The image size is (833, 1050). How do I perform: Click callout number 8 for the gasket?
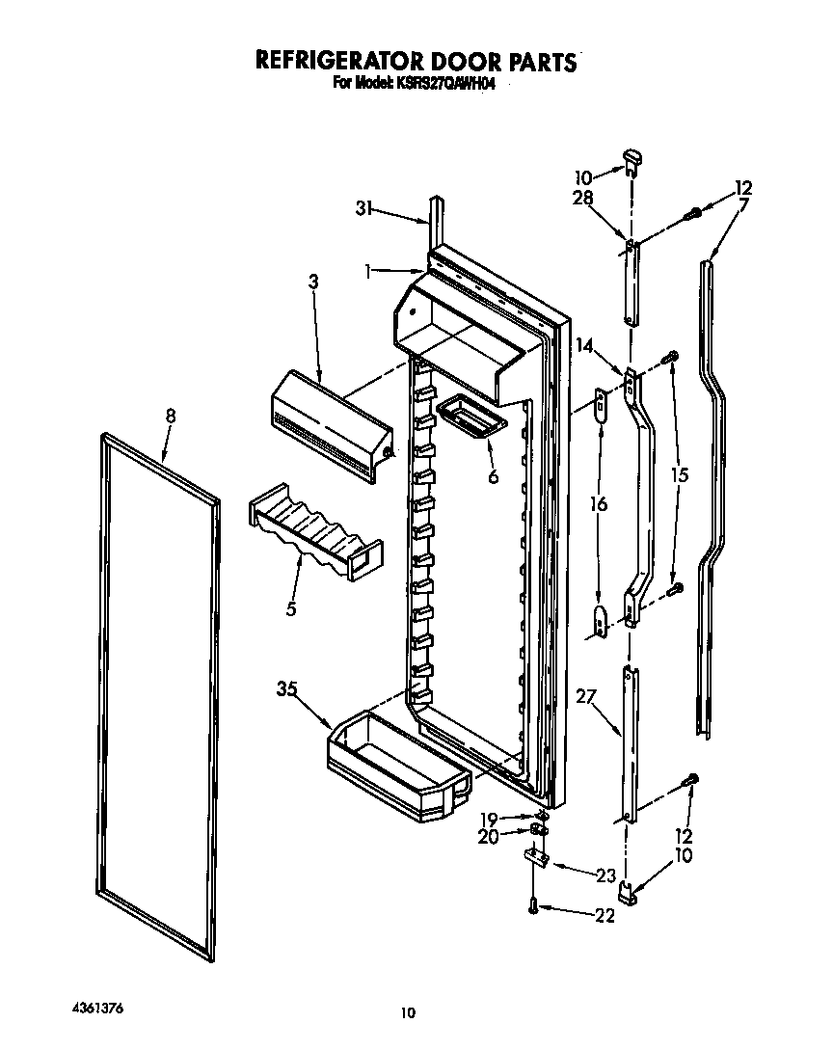171,417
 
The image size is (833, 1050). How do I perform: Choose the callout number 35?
286,689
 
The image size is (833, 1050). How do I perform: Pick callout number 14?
584,344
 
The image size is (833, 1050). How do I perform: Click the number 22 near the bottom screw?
604,915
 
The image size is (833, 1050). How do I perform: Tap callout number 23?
605,875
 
